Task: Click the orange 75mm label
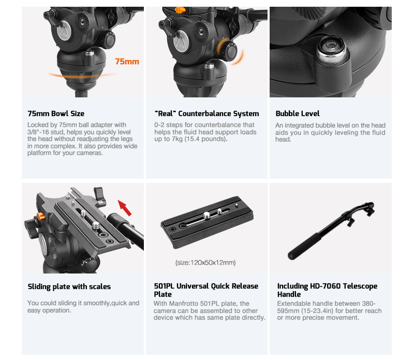point(127,62)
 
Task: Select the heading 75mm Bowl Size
point(56,113)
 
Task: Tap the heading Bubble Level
point(298,113)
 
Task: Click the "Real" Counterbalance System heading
point(206,113)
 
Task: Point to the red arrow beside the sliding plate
point(125,208)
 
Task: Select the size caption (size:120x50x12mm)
point(205,263)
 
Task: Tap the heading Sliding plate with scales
point(69,287)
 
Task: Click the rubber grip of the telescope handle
point(304,246)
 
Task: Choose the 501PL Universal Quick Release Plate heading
point(206,290)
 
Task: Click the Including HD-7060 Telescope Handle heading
point(327,290)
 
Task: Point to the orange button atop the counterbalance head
point(180,10)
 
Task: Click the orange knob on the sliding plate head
point(41,217)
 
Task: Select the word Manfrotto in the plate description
point(183,304)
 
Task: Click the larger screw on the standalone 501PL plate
point(207,215)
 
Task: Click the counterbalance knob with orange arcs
point(230,51)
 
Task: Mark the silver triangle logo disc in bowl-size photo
point(64,31)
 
